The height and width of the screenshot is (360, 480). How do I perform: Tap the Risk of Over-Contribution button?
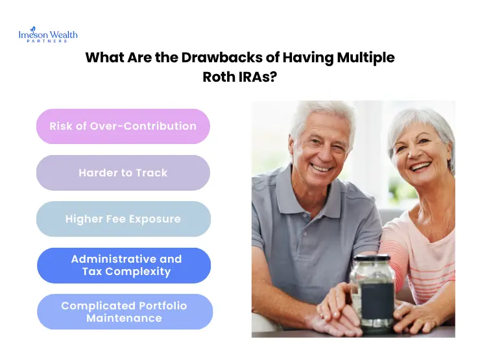coord(123,126)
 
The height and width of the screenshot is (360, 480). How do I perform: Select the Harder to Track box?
coord(123,173)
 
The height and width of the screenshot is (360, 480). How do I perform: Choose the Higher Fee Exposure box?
coord(123,219)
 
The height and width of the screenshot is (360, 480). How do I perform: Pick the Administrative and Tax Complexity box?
coord(123,265)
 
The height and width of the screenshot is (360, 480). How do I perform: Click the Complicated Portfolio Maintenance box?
coord(123,312)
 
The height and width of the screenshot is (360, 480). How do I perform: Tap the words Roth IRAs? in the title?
coord(240,77)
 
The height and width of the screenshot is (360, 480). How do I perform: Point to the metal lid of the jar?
coord(372,261)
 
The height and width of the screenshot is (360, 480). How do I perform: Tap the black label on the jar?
coord(376,298)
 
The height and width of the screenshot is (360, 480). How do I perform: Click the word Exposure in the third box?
coord(156,219)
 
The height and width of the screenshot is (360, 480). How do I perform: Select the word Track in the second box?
coord(152,173)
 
